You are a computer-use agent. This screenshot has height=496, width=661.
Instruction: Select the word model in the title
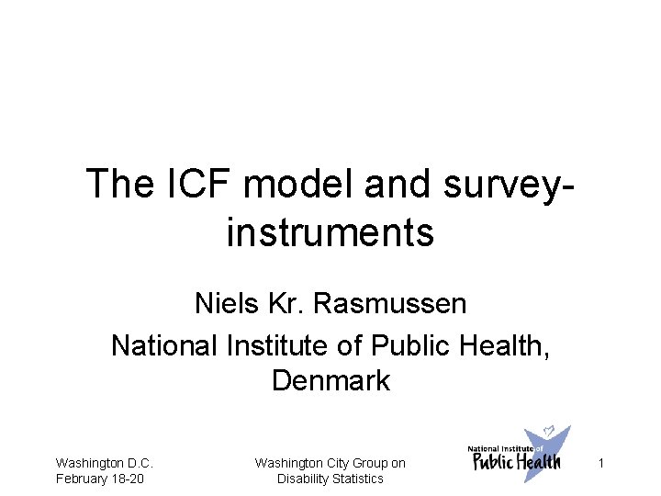pyautogui.click(x=299, y=184)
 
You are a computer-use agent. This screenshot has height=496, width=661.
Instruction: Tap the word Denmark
pyautogui.click(x=330, y=380)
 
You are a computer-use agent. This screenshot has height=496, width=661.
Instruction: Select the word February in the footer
pyautogui.click(x=81, y=479)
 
